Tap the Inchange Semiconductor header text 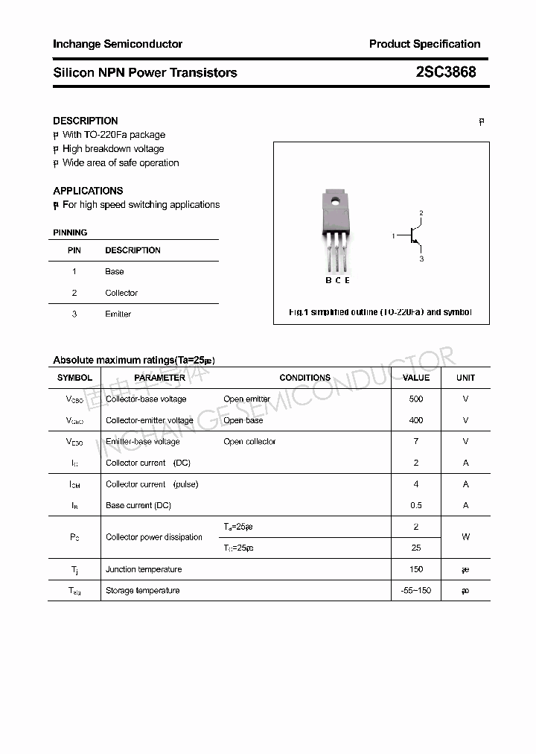(118, 44)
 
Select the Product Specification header (424, 44)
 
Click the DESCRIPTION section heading (86, 121)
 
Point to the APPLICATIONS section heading (88, 191)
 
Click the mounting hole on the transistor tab (336, 200)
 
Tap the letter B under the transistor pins (328, 280)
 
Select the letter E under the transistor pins (347, 280)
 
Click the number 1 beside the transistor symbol (393, 236)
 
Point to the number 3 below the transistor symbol (421, 259)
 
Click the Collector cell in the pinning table (121, 293)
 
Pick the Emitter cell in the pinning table (118, 314)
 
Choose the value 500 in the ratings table (416, 399)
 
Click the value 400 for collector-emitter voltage (416, 420)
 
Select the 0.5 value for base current (416, 505)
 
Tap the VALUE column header (416, 378)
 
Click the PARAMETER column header (160, 378)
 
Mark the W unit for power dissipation (466, 537)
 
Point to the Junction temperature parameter (144, 569)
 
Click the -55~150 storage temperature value (416, 591)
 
